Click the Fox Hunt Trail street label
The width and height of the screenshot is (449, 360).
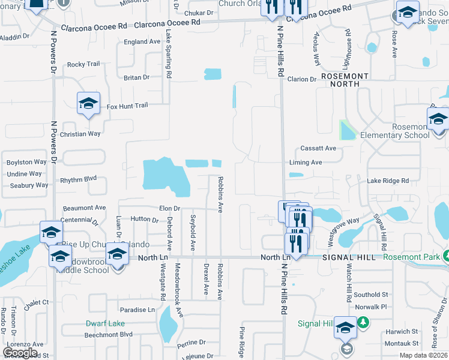(127, 106)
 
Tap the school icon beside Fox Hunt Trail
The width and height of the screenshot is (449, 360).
(88, 104)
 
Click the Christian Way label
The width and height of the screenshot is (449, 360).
(80, 134)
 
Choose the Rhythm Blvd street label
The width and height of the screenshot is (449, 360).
(79, 179)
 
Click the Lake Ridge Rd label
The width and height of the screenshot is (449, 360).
(388, 181)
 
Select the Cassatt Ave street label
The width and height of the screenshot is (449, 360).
(318, 148)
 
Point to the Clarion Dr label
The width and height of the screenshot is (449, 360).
(301, 79)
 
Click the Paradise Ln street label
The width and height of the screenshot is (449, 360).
(137, 310)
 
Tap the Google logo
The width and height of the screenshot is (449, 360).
(20, 353)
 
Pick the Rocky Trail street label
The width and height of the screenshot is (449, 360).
(83, 64)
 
